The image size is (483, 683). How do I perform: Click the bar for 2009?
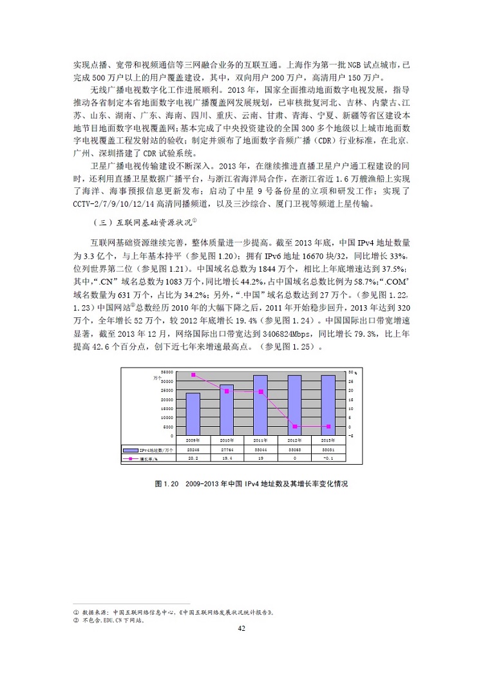tap(193, 413)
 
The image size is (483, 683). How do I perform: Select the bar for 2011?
tap(260, 404)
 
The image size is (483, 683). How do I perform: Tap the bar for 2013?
tap(327, 404)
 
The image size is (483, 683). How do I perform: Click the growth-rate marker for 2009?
tap(193, 375)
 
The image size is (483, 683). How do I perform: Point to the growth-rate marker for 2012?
tap(294, 426)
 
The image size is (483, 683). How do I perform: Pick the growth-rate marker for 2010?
tap(227, 391)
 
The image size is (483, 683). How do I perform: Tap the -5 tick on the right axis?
tap(352, 435)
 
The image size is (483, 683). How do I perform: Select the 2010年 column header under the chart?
tap(227, 441)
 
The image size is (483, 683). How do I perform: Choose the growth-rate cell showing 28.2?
tap(193, 459)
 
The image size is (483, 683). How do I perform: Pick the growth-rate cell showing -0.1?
tap(327, 459)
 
